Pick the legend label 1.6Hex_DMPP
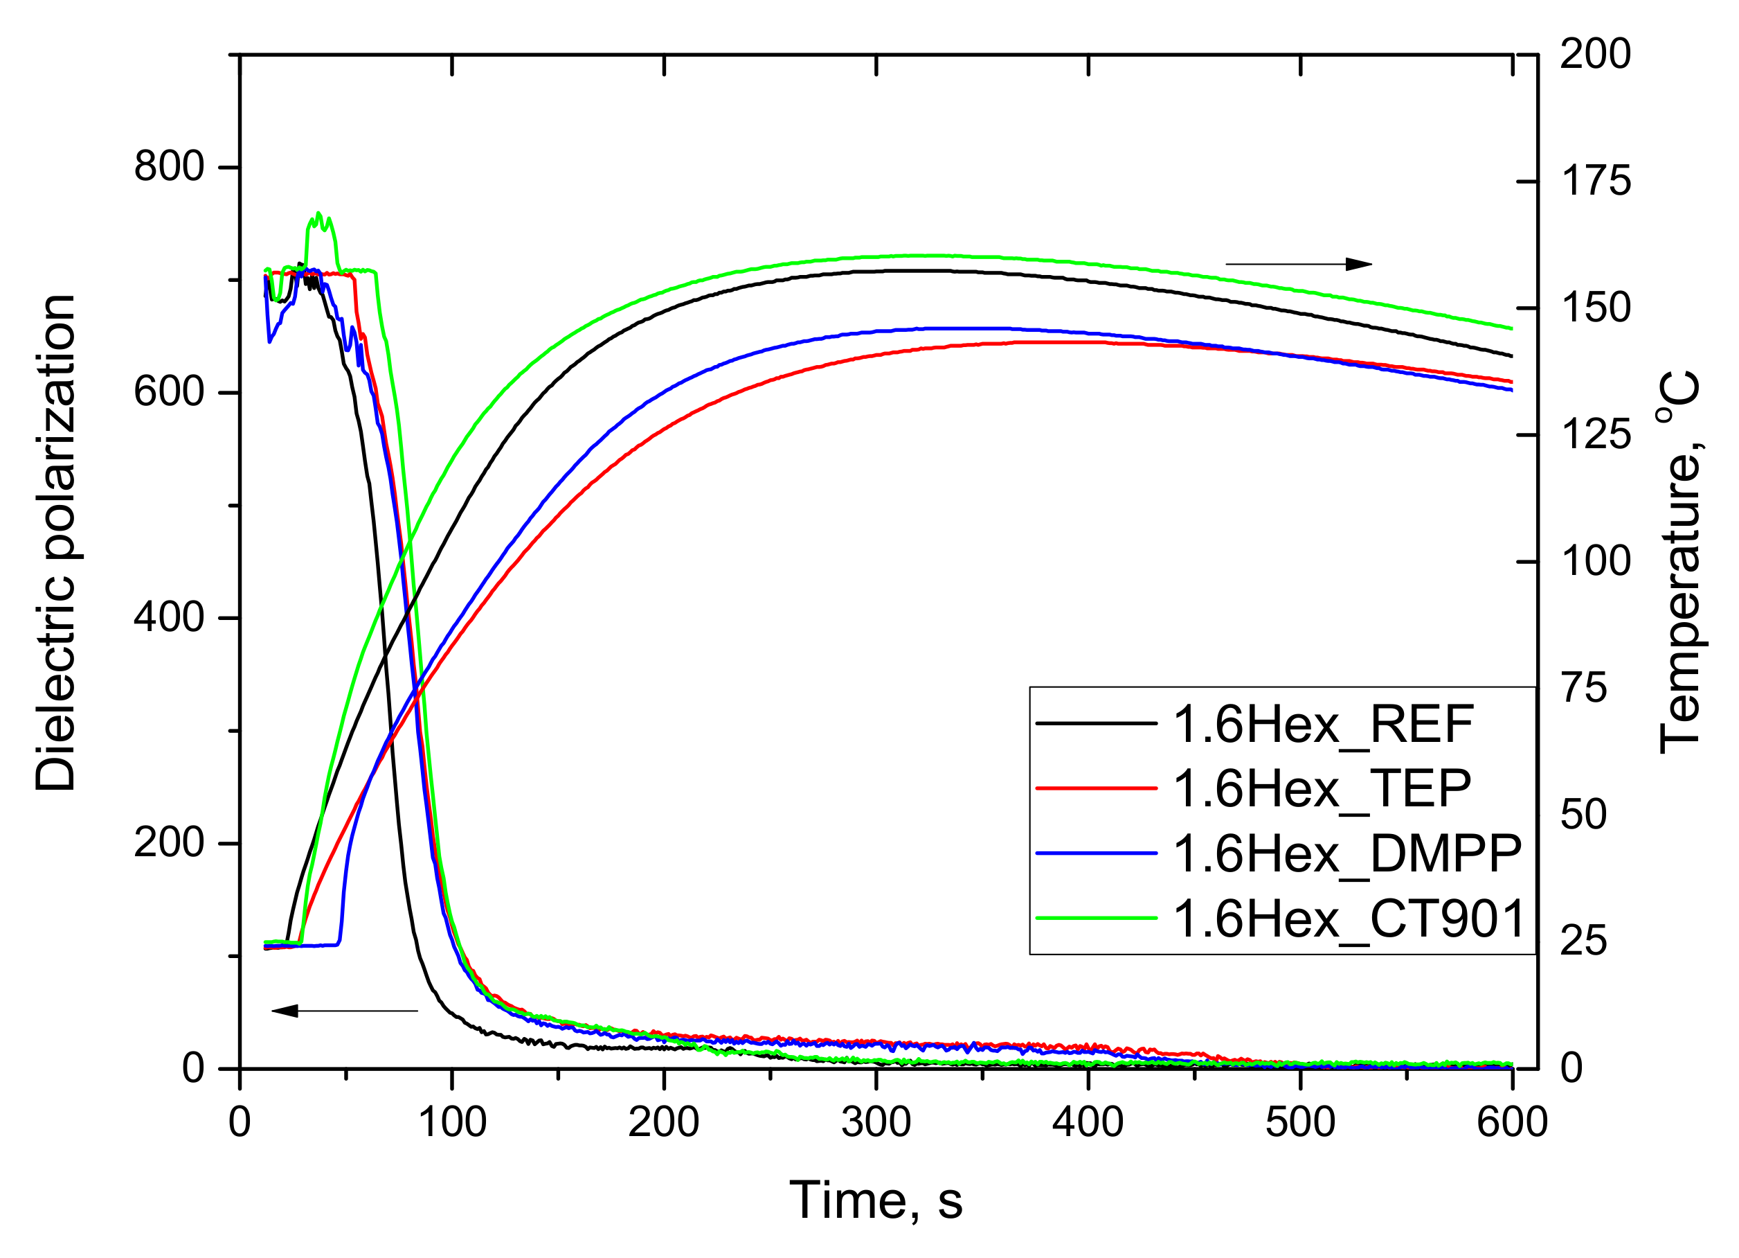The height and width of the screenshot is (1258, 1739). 1347,853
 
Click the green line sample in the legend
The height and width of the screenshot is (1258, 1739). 1096,918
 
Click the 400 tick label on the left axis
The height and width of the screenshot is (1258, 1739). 169,617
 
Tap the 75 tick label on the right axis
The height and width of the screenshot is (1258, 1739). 1583,688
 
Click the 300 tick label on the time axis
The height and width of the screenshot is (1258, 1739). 876,1122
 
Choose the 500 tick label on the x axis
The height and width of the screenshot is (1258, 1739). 1300,1122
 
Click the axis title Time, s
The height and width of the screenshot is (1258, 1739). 876,1200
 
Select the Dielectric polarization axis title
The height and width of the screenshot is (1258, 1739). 55,542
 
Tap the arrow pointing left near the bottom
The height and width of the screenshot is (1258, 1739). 345,1011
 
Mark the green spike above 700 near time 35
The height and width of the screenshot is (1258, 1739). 319,218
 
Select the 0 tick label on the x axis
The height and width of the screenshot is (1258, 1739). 240,1122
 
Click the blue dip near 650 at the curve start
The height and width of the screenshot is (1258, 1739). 270,341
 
